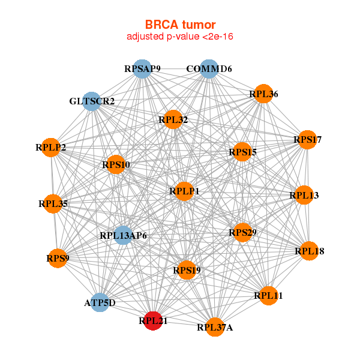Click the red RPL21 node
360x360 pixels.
[x=154, y=321]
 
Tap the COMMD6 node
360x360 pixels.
[x=209, y=69]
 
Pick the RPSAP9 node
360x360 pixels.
[x=142, y=69]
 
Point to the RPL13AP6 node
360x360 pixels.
[x=123, y=235]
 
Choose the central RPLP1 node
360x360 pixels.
[x=184, y=191]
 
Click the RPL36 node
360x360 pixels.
[x=263, y=94]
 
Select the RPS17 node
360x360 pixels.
[x=307, y=140]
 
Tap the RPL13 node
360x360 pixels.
[x=304, y=195]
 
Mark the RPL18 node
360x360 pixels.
[x=309, y=251]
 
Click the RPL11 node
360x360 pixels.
[x=268, y=295]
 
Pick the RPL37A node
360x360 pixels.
[x=215, y=327]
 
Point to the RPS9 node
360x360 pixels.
[x=58, y=259]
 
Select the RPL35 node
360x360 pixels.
[x=53, y=204]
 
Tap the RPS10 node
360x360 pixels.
[x=115, y=164]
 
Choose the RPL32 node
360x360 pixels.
[x=173, y=120]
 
